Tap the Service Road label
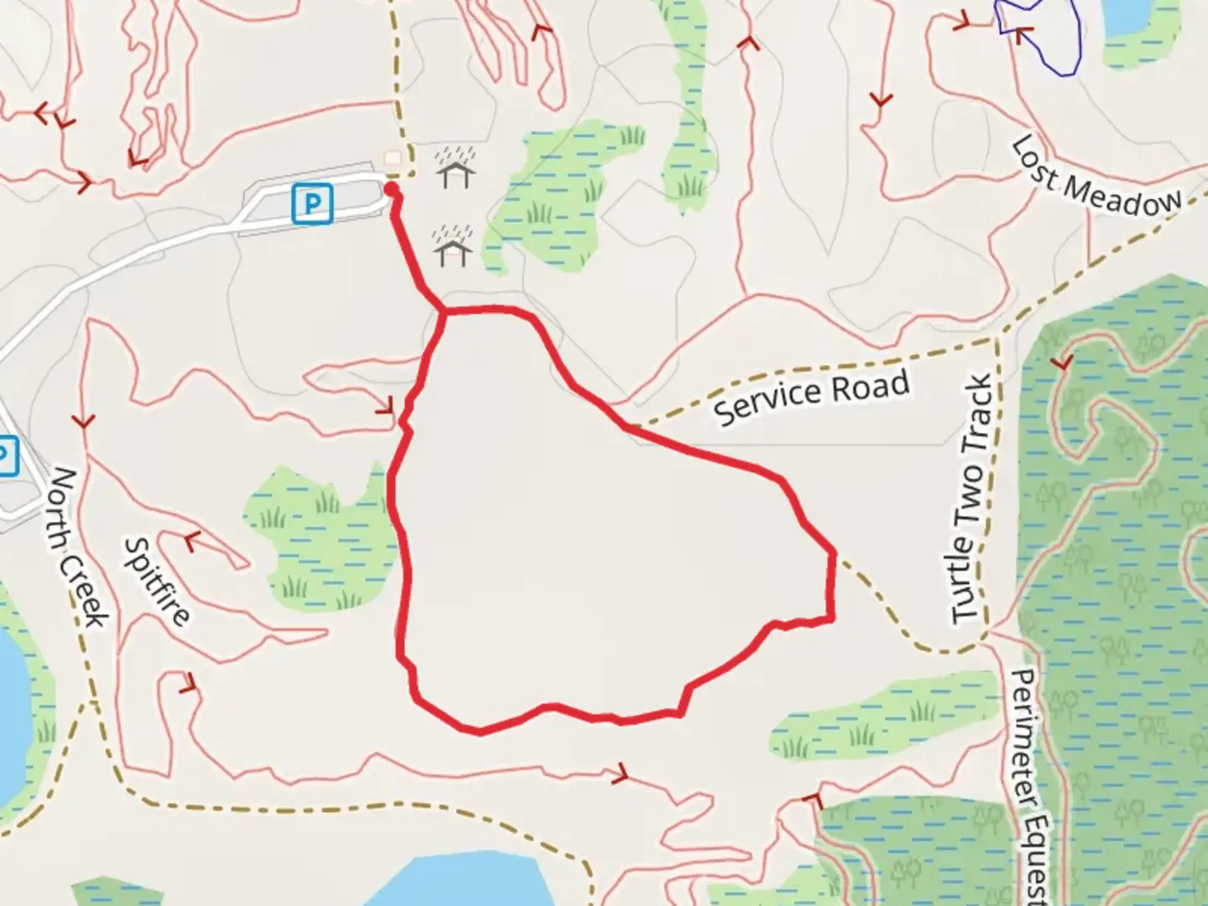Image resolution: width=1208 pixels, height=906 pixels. pyautogui.click(x=812, y=398)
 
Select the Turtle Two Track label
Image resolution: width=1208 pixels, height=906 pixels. pyautogui.click(x=974, y=499)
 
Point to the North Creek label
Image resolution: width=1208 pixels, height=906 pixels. pyautogui.click(x=78, y=546)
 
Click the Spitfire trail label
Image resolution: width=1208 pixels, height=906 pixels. pyautogui.click(x=157, y=581)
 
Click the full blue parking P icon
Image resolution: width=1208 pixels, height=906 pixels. pyautogui.click(x=312, y=204)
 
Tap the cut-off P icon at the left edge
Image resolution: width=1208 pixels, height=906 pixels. pyautogui.click(x=6, y=456)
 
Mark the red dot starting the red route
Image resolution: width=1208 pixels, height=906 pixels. pyautogui.click(x=391, y=190)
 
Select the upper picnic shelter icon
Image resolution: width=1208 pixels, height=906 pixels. pyautogui.click(x=455, y=168)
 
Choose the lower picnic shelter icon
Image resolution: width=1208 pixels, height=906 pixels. pyautogui.click(x=453, y=246)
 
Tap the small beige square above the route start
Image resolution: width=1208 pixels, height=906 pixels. pyautogui.click(x=392, y=158)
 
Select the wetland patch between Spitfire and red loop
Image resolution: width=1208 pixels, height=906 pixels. pyautogui.click(x=323, y=537)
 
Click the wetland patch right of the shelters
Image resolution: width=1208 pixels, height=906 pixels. pyautogui.click(x=558, y=197)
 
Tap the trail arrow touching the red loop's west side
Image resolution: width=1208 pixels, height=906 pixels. pyautogui.click(x=386, y=407)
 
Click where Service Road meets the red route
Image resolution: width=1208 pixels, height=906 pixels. pyautogui.click(x=629, y=427)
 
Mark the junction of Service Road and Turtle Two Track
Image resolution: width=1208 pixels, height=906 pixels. pyautogui.click(x=997, y=338)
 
